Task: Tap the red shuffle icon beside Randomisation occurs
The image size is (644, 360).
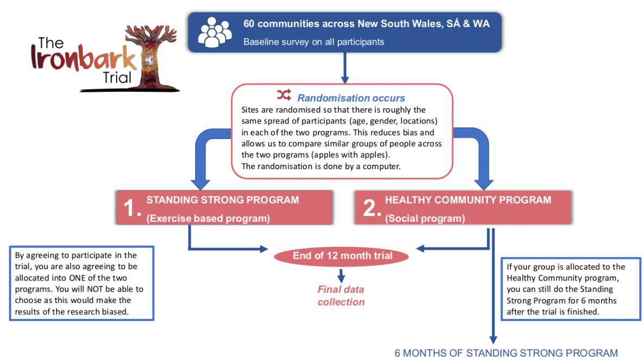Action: point(284,96)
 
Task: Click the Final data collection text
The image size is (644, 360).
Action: point(341,295)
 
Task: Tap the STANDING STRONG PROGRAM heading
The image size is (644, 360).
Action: point(222,200)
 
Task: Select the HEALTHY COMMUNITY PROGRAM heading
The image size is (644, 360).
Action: point(468,200)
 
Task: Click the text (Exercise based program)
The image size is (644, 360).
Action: point(208,219)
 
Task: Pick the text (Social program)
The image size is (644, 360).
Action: point(425,219)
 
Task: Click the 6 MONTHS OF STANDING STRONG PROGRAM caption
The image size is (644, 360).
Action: point(506,353)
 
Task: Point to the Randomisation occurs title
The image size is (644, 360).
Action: point(351,98)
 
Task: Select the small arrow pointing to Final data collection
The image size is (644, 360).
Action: point(341,275)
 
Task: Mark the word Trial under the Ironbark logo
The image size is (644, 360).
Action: point(117,78)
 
